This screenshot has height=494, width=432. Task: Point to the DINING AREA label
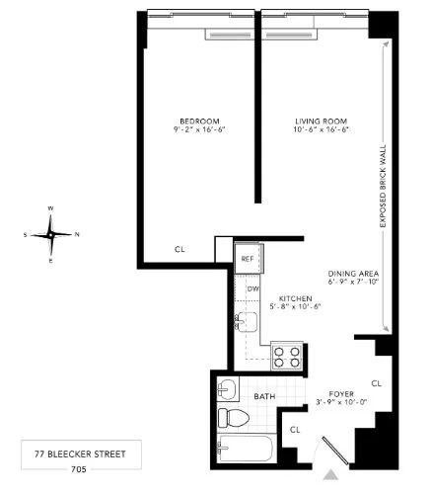pos(353,274)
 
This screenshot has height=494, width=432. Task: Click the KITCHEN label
pos(295,297)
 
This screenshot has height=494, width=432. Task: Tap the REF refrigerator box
pos(248,258)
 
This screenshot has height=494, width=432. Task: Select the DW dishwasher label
pos(253,288)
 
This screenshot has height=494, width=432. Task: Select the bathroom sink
pos(227,387)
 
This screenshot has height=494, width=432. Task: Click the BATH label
pos(264,397)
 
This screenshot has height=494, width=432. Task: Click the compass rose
pos(51,234)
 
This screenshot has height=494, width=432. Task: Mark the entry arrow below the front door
pos(329,474)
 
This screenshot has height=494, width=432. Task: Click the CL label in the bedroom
pos(180,250)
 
